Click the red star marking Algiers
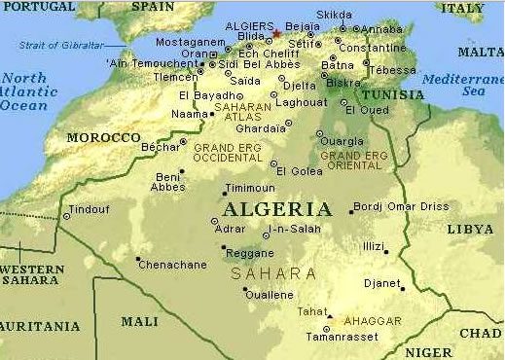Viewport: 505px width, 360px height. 276,33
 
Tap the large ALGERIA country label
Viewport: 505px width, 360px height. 276,209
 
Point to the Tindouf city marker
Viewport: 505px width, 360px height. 67,216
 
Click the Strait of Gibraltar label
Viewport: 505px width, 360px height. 60,46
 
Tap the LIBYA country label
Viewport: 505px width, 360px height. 470,229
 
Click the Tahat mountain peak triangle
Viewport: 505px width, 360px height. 330,316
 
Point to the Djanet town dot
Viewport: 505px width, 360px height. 403,288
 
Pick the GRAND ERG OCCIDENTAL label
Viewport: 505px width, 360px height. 227,153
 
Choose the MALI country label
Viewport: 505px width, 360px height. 139,320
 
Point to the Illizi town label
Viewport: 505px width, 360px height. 373,246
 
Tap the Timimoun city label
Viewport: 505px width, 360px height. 249,188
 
